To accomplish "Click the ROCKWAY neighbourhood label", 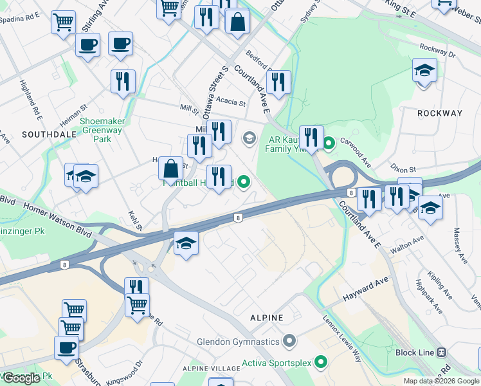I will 440,113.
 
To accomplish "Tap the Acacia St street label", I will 231,102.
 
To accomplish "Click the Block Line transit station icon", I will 441,353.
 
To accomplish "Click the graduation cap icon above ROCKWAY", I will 424,70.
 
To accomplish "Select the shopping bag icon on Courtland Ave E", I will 237,21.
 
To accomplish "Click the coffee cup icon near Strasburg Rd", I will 66,348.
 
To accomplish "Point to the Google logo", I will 22,378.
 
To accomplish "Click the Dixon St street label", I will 404,169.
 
